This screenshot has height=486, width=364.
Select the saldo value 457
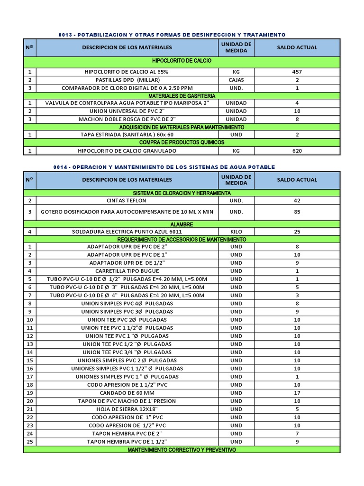(x=297, y=72)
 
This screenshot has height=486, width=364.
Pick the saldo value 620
(x=297, y=151)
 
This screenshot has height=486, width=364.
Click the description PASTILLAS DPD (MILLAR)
(x=126, y=80)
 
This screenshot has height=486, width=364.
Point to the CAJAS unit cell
(x=236, y=80)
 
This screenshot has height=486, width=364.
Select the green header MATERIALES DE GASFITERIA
(x=182, y=96)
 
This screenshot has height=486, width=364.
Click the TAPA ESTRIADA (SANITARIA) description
(x=126, y=135)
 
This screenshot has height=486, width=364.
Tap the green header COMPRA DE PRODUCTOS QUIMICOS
(x=182, y=143)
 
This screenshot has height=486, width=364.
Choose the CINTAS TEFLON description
(x=126, y=201)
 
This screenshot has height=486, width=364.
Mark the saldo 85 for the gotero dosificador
(x=297, y=212)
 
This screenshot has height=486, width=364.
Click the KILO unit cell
(x=236, y=232)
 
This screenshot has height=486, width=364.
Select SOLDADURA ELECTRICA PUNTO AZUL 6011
(x=126, y=232)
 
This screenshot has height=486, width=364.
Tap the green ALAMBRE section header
(x=182, y=224)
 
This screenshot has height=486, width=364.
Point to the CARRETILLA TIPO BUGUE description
(x=126, y=271)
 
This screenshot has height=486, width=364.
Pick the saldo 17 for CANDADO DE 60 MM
(x=297, y=393)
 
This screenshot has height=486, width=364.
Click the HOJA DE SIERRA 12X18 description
(x=126, y=409)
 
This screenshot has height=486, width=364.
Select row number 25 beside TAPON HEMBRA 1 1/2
(x=29, y=441)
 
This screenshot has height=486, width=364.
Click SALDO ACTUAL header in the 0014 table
(x=297, y=180)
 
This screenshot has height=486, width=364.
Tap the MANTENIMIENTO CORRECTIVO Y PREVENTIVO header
(x=182, y=449)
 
